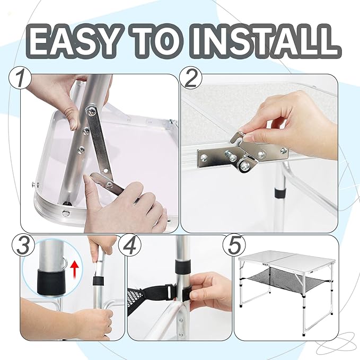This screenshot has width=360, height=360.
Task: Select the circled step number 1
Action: pyautogui.click(x=20, y=78)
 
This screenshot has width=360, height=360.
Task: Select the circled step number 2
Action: pyautogui.click(x=190, y=78)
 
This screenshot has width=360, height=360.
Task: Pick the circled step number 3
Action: pyautogui.click(x=23, y=245)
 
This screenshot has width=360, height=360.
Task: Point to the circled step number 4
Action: pyautogui.click(x=130, y=245)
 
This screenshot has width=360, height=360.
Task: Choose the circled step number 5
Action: pyautogui.click(x=234, y=245)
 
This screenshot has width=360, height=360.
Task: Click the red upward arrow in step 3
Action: pyautogui.click(x=74, y=270)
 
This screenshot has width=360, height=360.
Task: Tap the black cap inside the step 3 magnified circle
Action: pyautogui.click(x=52, y=283)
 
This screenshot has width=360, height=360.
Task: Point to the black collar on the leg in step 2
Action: pyautogui.click(x=280, y=194)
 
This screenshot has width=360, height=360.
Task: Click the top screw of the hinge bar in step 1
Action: pyautogui.click(x=91, y=111)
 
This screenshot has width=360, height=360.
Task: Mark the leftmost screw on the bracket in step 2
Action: pyautogui.click(x=204, y=157)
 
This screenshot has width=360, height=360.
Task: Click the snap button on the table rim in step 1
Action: pyautogui.click(x=66, y=213)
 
